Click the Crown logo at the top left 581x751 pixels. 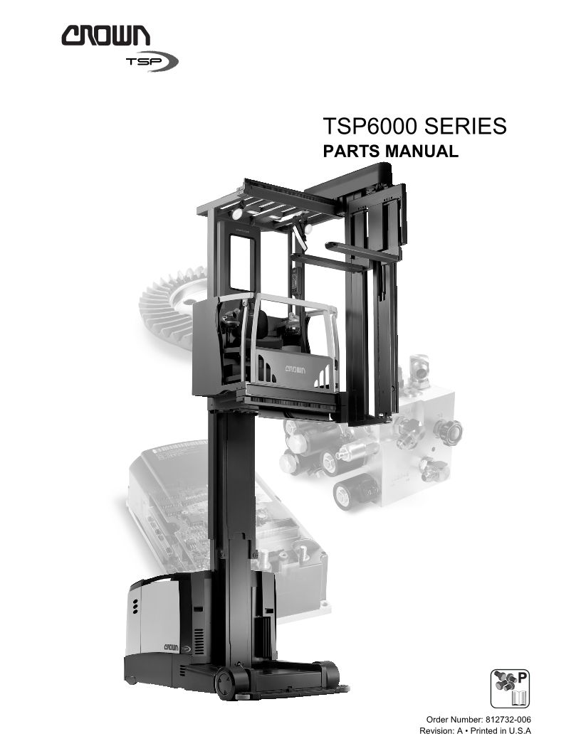(105, 36)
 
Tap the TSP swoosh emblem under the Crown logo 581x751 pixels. (152, 61)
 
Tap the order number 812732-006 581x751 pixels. (508, 720)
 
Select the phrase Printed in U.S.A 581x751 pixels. (501, 731)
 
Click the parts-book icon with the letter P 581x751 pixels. (510, 688)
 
